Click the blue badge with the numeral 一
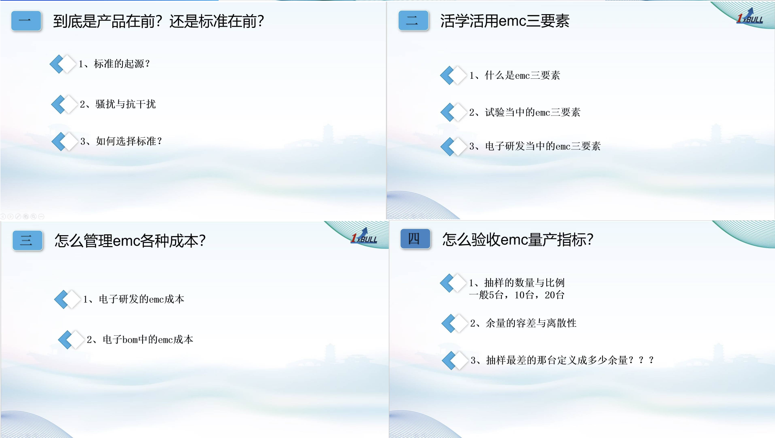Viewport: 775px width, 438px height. (26, 21)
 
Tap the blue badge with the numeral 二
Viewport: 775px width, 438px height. (413, 21)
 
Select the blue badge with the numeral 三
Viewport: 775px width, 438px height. (27, 240)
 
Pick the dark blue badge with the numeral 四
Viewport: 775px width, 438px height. (415, 239)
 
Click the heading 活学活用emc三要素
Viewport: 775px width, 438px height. (505, 21)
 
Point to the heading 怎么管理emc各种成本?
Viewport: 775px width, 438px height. (130, 241)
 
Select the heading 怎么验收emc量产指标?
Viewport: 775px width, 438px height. (518, 240)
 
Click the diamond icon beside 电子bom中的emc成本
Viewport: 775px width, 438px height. (71, 339)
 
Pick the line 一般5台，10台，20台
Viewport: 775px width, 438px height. (516, 295)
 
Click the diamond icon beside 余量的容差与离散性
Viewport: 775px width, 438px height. (455, 323)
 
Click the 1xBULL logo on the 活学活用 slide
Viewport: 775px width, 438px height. (750, 17)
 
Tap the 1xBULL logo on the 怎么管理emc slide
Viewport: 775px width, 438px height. (364, 236)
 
